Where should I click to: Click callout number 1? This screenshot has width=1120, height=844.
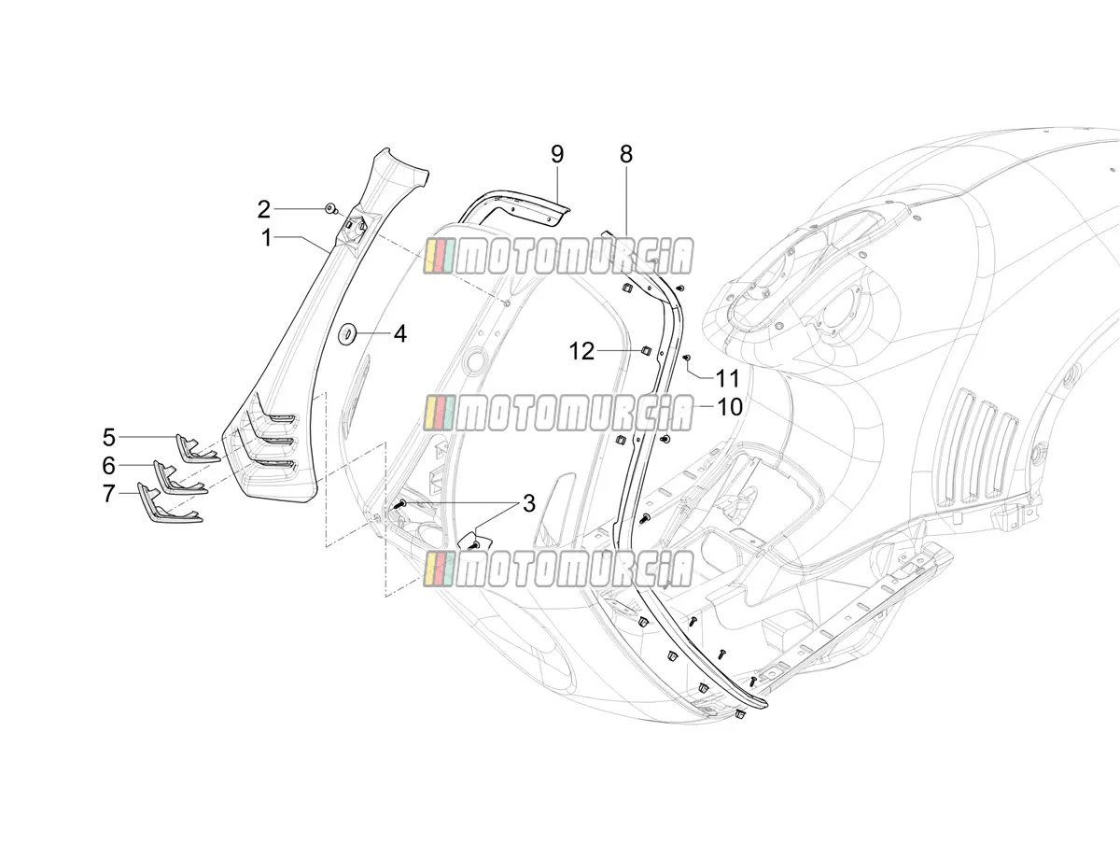pyautogui.click(x=266, y=238)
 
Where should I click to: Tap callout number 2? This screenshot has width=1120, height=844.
pyautogui.click(x=263, y=209)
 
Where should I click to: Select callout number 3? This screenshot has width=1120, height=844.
pyautogui.click(x=528, y=503)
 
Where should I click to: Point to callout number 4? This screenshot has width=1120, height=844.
pyautogui.click(x=400, y=334)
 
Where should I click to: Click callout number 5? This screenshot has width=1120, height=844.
pyautogui.click(x=108, y=437)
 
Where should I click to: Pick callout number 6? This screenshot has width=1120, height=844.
pyautogui.click(x=108, y=465)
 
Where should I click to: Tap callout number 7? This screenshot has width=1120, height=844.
pyautogui.click(x=108, y=494)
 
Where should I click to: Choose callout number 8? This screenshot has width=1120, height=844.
pyautogui.click(x=626, y=154)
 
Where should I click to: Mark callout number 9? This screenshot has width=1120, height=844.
pyautogui.click(x=557, y=154)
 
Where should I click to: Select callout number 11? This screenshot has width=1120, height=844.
pyautogui.click(x=728, y=379)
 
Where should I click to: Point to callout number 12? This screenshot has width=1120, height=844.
pyautogui.click(x=581, y=351)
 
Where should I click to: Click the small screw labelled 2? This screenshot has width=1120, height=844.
pyautogui.click(x=331, y=208)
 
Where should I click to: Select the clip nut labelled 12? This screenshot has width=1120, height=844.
pyautogui.click(x=645, y=352)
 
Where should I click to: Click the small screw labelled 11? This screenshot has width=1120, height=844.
pyautogui.click(x=686, y=358)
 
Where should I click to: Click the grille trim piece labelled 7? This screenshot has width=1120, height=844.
pyautogui.click(x=167, y=505)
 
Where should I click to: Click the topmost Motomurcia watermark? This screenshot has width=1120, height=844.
pyautogui.click(x=558, y=257)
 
